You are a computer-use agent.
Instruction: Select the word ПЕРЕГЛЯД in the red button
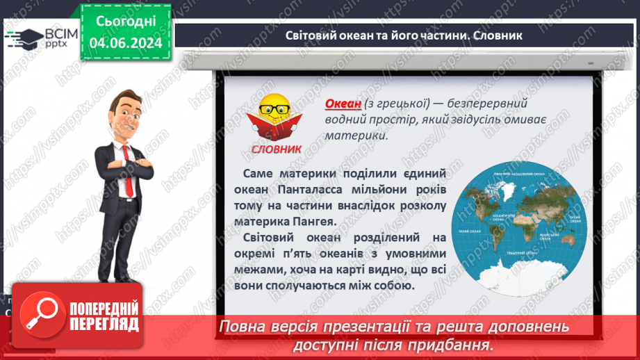point(102,325)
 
